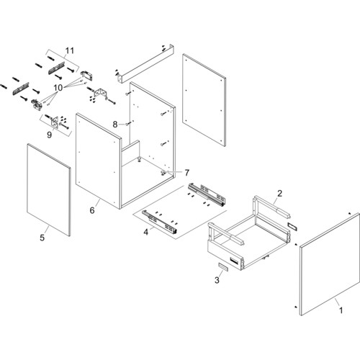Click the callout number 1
click(x=341, y=310)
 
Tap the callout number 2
click(x=279, y=194)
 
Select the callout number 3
click(x=217, y=280)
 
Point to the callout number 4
click(x=146, y=232)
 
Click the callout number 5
click(x=42, y=238)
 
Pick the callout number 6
click(x=92, y=210)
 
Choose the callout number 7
click(x=186, y=173)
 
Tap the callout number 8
click(x=115, y=125)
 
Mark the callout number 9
click(x=49, y=135)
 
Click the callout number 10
click(x=58, y=88)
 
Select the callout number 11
click(x=69, y=51)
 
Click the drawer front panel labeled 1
click(x=330, y=264)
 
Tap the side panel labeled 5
click(x=49, y=190)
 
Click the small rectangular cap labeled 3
click(x=222, y=266)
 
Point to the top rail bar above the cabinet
click(x=146, y=63)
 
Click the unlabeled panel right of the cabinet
click(x=204, y=100)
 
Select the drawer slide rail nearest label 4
click(x=160, y=222)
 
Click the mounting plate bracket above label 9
click(x=55, y=122)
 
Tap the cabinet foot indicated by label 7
click(x=164, y=172)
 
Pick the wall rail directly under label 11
click(x=57, y=68)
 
